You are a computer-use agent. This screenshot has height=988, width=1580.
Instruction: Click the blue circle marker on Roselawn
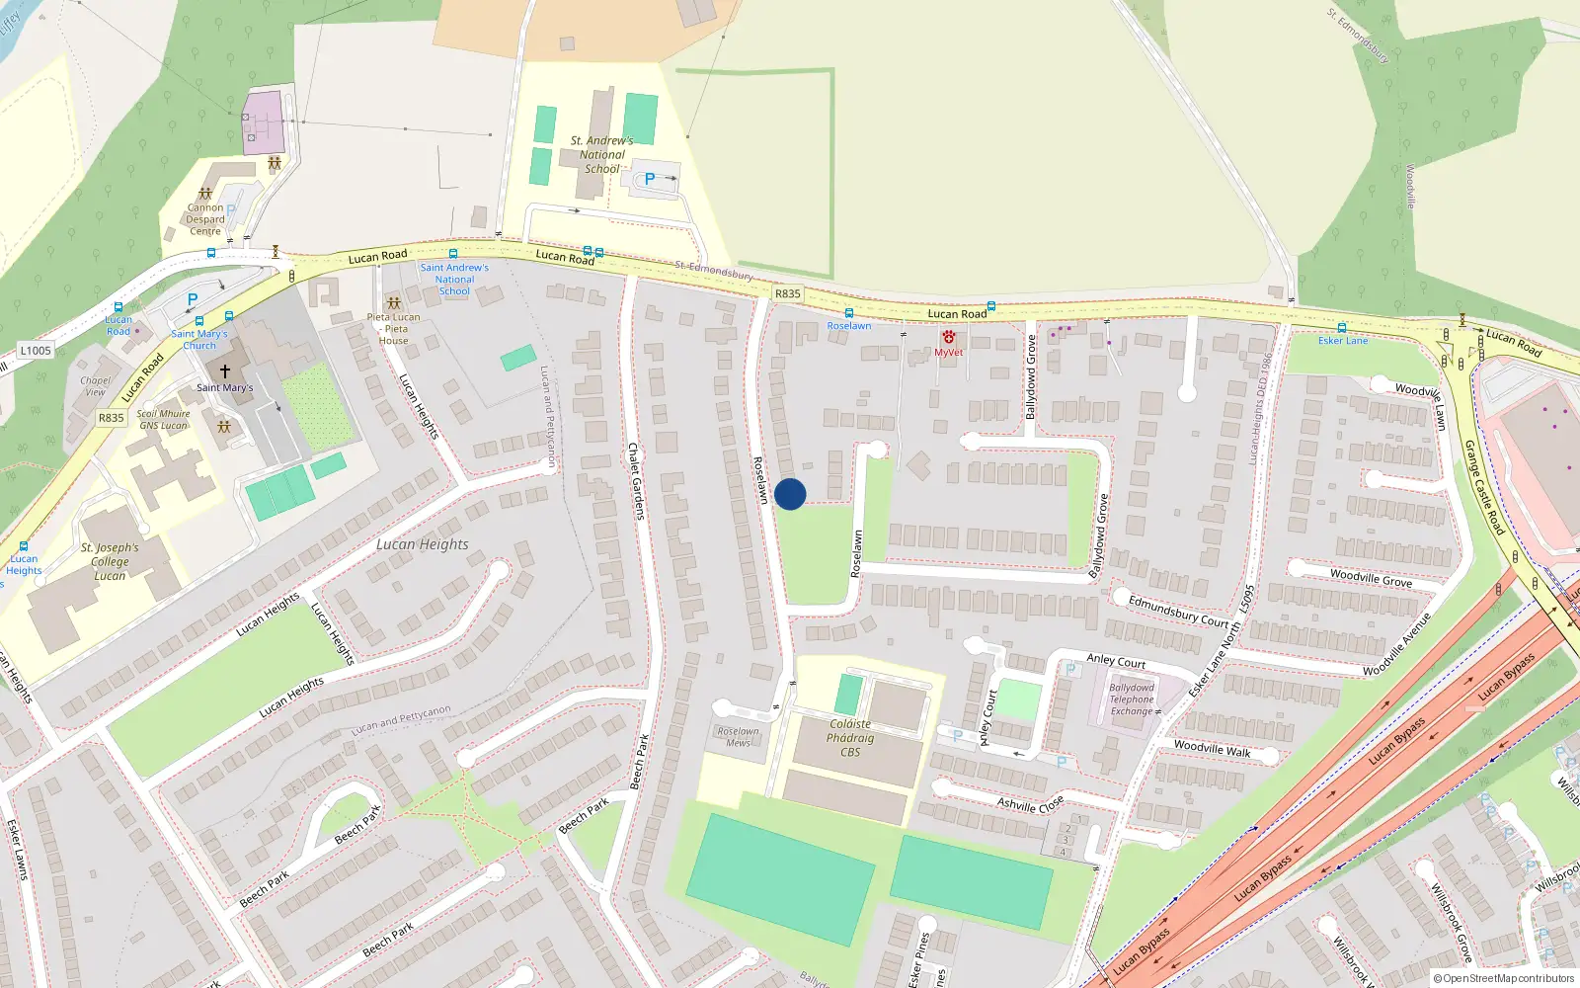pos(790,494)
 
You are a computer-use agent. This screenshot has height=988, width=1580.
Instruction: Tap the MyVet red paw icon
pos(948,338)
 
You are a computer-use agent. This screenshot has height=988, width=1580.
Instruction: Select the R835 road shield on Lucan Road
pos(787,293)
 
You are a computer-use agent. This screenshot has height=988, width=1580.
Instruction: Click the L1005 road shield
pos(36,351)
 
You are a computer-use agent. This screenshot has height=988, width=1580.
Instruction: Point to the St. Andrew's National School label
pos(601,154)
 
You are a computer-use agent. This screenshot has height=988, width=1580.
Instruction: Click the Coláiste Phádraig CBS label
pos(850,738)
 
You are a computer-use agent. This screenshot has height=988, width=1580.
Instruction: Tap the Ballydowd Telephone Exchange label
pos(1132,700)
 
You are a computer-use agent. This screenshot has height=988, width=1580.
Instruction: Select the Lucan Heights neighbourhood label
pos(422,544)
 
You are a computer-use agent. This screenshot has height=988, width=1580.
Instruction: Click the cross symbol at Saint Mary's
pos(225,371)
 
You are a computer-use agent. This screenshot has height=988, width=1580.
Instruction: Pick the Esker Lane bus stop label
pos(1343,341)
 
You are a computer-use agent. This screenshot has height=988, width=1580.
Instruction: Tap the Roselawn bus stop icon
pos(848,313)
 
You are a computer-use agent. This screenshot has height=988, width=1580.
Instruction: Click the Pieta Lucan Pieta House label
pos(393,329)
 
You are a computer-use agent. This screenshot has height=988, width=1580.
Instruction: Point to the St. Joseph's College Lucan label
pos(110,561)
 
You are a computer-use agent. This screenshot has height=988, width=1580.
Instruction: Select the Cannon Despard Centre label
pos(205,219)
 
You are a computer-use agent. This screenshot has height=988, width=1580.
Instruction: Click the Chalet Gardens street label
pos(636,481)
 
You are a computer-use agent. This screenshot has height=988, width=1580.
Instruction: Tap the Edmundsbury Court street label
pos(1178,612)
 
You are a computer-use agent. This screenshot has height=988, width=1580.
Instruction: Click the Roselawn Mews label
pos(739,737)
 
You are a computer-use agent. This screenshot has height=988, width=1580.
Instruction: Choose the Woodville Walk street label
pos(1212,749)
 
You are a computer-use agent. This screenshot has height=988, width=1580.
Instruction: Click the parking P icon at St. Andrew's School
pos(649,179)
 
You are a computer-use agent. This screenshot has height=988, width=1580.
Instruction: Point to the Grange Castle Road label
pos(1483,487)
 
